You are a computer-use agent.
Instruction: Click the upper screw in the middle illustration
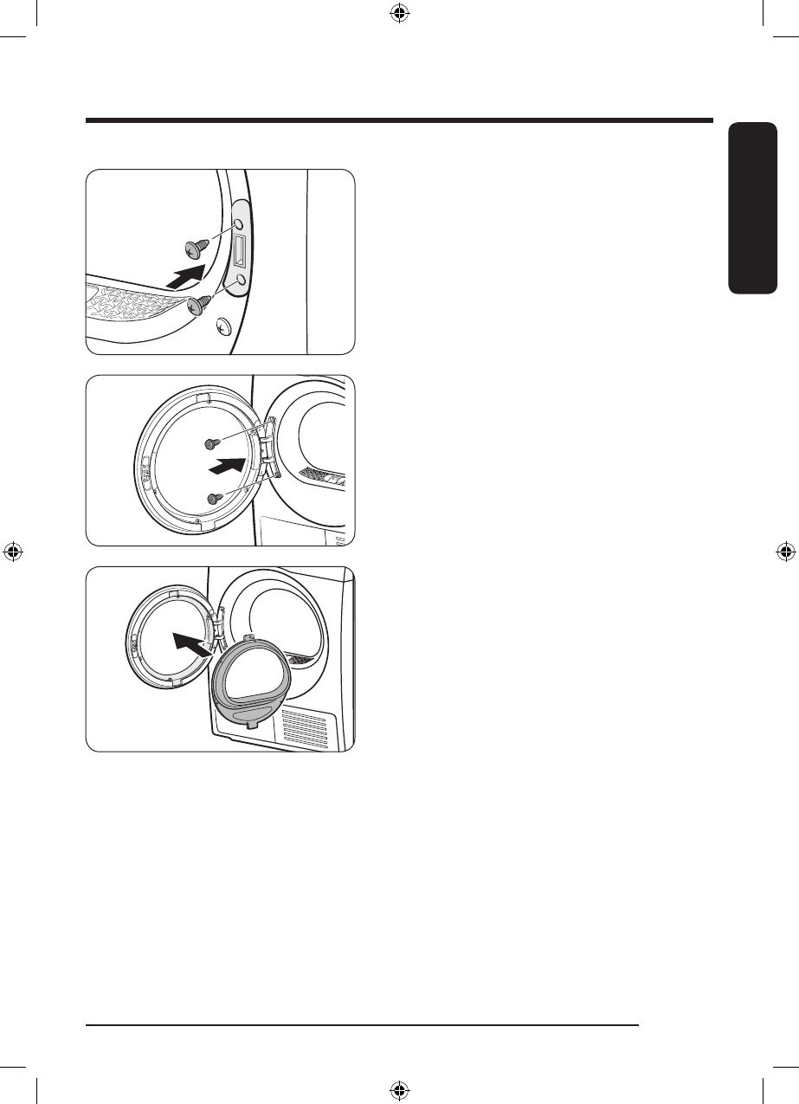[x=209, y=442]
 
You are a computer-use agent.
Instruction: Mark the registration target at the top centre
[x=399, y=13]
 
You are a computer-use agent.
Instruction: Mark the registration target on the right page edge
[x=786, y=552]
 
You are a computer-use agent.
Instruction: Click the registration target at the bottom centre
[x=399, y=1090]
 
